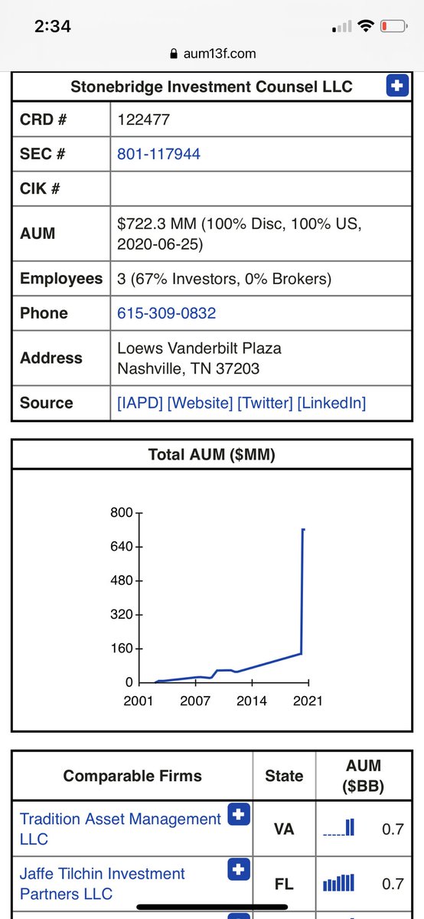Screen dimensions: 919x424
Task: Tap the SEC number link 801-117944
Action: [158, 154]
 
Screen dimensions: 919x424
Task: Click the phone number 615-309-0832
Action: [166, 313]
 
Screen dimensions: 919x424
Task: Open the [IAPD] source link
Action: [140, 403]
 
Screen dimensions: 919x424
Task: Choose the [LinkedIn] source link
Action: [331, 403]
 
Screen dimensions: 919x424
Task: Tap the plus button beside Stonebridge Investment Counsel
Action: [396, 87]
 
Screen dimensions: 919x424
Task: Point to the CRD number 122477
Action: [143, 119]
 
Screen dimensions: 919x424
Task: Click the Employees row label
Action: [60, 279]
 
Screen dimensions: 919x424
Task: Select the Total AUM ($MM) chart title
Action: [211, 455]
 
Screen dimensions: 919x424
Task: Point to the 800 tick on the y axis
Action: [123, 512]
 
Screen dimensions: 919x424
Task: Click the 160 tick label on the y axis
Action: [123, 649]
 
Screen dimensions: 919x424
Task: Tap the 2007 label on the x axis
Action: [195, 701]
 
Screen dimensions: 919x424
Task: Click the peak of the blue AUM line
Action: [303, 529]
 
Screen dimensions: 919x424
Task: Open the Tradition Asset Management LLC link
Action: [119, 829]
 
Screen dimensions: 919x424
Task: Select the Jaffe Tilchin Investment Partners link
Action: [102, 884]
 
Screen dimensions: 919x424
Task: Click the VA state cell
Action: [283, 829]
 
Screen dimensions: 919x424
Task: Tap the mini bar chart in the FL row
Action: [338, 884]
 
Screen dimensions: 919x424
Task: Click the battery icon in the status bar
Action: [393, 26]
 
